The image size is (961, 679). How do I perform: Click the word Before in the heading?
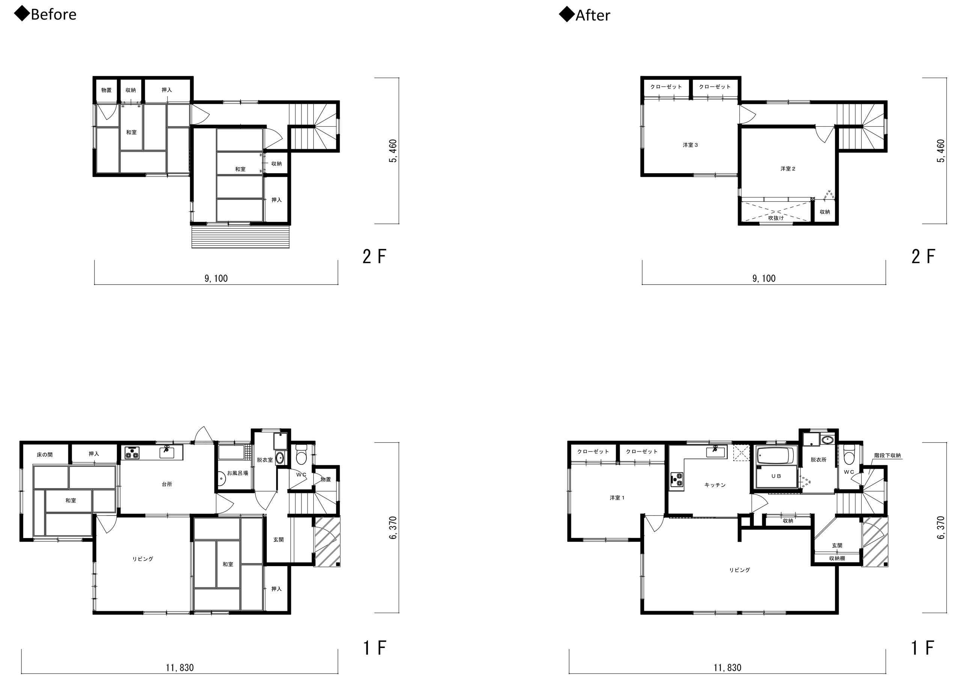(54, 15)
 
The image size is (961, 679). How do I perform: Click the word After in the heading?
(593, 15)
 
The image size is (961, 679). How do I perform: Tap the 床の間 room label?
(45, 454)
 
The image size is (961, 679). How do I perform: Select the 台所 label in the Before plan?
(167, 484)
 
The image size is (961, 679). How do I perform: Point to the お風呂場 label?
(237, 473)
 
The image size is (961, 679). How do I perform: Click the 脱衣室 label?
(265, 460)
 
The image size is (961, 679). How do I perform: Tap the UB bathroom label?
(776, 476)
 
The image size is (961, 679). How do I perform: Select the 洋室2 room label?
(788, 169)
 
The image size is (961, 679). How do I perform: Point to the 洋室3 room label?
(690, 145)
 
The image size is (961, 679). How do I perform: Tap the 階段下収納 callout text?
(887, 455)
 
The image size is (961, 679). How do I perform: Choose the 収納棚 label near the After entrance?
(837, 558)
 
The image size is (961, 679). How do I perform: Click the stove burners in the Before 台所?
(132, 453)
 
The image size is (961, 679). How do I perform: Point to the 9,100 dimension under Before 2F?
(216, 279)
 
